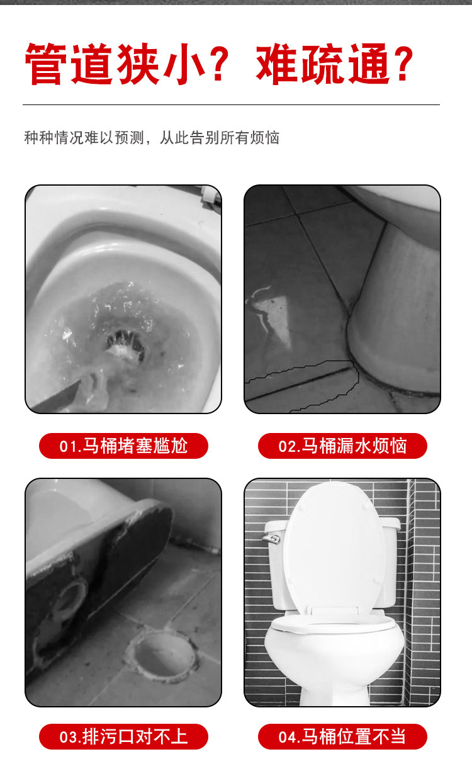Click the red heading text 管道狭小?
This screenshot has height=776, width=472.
(126, 64)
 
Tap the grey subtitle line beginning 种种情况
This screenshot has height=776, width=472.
(152, 138)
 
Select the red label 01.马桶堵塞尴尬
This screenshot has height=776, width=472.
(123, 446)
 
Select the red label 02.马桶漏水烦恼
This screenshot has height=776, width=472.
(342, 446)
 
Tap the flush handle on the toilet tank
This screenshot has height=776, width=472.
(271, 539)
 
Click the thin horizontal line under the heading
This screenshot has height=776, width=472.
(232, 104)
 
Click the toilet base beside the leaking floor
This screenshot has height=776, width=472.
(395, 312)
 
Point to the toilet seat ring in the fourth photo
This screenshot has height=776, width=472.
(332, 623)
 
